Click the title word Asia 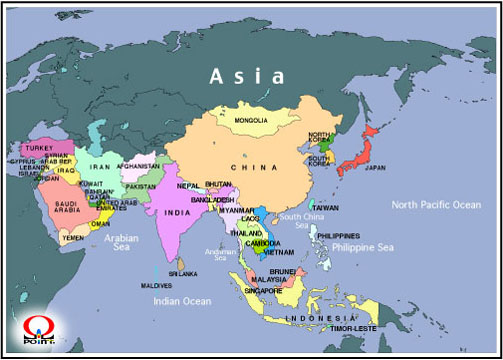click(246, 75)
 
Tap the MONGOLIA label click(250, 121)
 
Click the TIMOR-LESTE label click(355, 327)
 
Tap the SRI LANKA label click(183, 272)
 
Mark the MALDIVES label click(155, 285)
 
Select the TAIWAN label click(326, 207)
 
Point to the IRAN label click(100, 168)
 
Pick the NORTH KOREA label click(319, 139)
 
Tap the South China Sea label click(302, 221)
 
